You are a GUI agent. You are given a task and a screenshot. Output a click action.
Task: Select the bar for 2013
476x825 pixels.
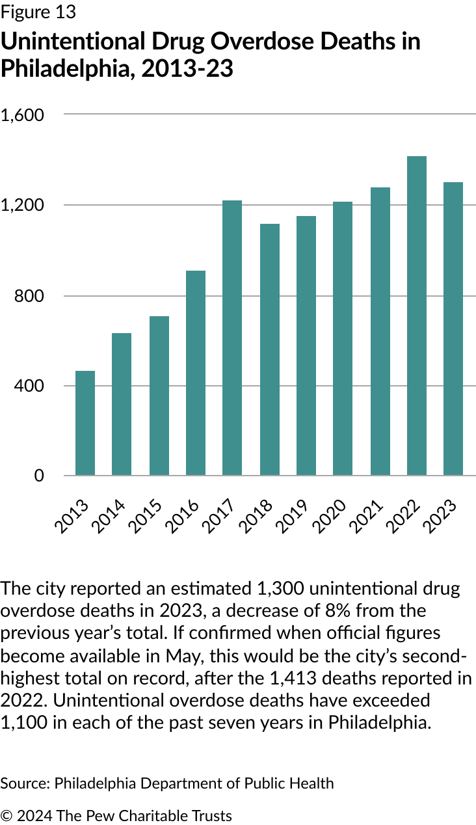(85, 423)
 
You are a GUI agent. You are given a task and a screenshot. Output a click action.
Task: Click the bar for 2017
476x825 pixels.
(232, 338)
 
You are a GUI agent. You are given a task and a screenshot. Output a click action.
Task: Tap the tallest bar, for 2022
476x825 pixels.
(417, 316)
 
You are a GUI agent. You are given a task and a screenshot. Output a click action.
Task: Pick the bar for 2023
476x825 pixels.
(453, 329)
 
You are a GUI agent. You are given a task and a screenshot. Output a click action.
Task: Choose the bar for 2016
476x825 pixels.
(196, 373)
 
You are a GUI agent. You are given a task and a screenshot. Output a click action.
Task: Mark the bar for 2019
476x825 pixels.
(306, 345)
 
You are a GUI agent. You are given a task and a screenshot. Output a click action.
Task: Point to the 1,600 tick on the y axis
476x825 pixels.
(22, 115)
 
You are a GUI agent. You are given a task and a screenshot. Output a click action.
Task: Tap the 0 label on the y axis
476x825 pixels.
(39, 476)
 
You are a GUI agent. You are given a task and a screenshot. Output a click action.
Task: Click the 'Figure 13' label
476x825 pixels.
(38, 12)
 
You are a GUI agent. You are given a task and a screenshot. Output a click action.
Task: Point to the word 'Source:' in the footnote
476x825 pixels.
(25, 783)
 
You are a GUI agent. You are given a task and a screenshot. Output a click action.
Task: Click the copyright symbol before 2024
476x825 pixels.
(7, 816)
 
